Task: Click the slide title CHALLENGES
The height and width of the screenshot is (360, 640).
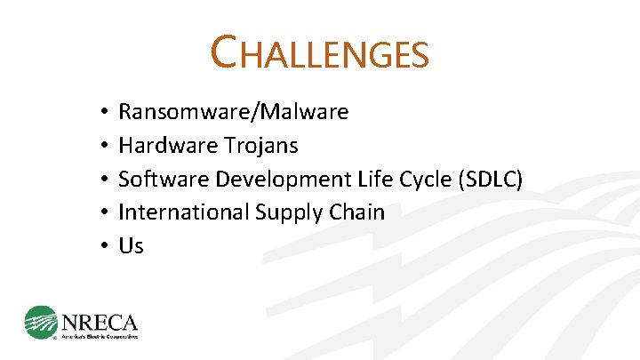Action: (320, 52)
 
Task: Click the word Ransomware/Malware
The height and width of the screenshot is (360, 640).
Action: (233, 112)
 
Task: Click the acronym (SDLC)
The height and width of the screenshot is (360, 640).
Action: (490, 179)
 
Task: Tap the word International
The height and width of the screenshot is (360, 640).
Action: (184, 212)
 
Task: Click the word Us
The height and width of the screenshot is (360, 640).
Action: (131, 245)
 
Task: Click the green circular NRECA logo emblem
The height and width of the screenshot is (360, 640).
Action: (41, 322)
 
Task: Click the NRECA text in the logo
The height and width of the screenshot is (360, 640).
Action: (99, 319)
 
